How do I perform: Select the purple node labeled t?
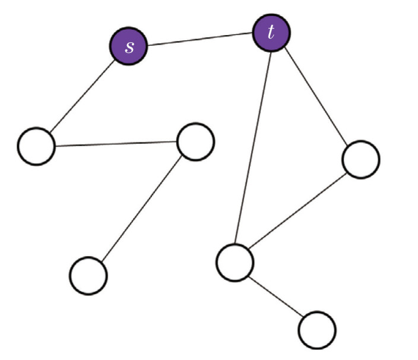271,33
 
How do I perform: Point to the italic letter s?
128,47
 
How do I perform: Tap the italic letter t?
271,33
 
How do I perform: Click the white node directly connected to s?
36,146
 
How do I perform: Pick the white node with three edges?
235,262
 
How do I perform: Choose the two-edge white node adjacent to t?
360,159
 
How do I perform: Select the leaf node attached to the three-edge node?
317,330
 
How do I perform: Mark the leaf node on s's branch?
88,276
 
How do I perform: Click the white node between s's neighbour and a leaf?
195,141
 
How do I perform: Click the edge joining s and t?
199,39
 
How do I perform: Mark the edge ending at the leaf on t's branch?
276,296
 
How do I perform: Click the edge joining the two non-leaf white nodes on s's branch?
116,144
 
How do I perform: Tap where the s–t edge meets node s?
146,45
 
